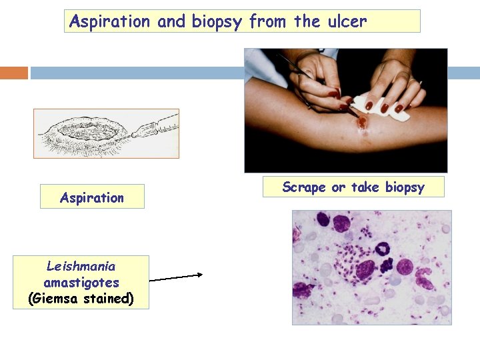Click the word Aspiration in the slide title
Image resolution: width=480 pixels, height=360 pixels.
pyautogui.click(x=110, y=21)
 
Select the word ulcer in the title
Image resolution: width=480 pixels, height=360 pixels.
pyautogui.click(x=347, y=21)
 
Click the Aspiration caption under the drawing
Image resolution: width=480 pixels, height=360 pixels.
pyautogui.click(x=92, y=197)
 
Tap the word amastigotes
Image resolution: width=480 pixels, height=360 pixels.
pyautogui.click(x=81, y=283)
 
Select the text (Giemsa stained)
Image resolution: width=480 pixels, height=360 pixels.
pyautogui.click(x=81, y=299)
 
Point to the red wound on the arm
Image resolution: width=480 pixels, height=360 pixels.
pyautogui.click(x=362, y=122)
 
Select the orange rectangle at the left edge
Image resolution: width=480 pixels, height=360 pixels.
pyautogui.click(x=14, y=73)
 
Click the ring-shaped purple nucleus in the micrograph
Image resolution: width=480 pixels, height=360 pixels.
pyautogui.click(x=383, y=249)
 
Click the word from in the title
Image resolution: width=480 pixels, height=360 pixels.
pyautogui.click(x=270, y=21)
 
